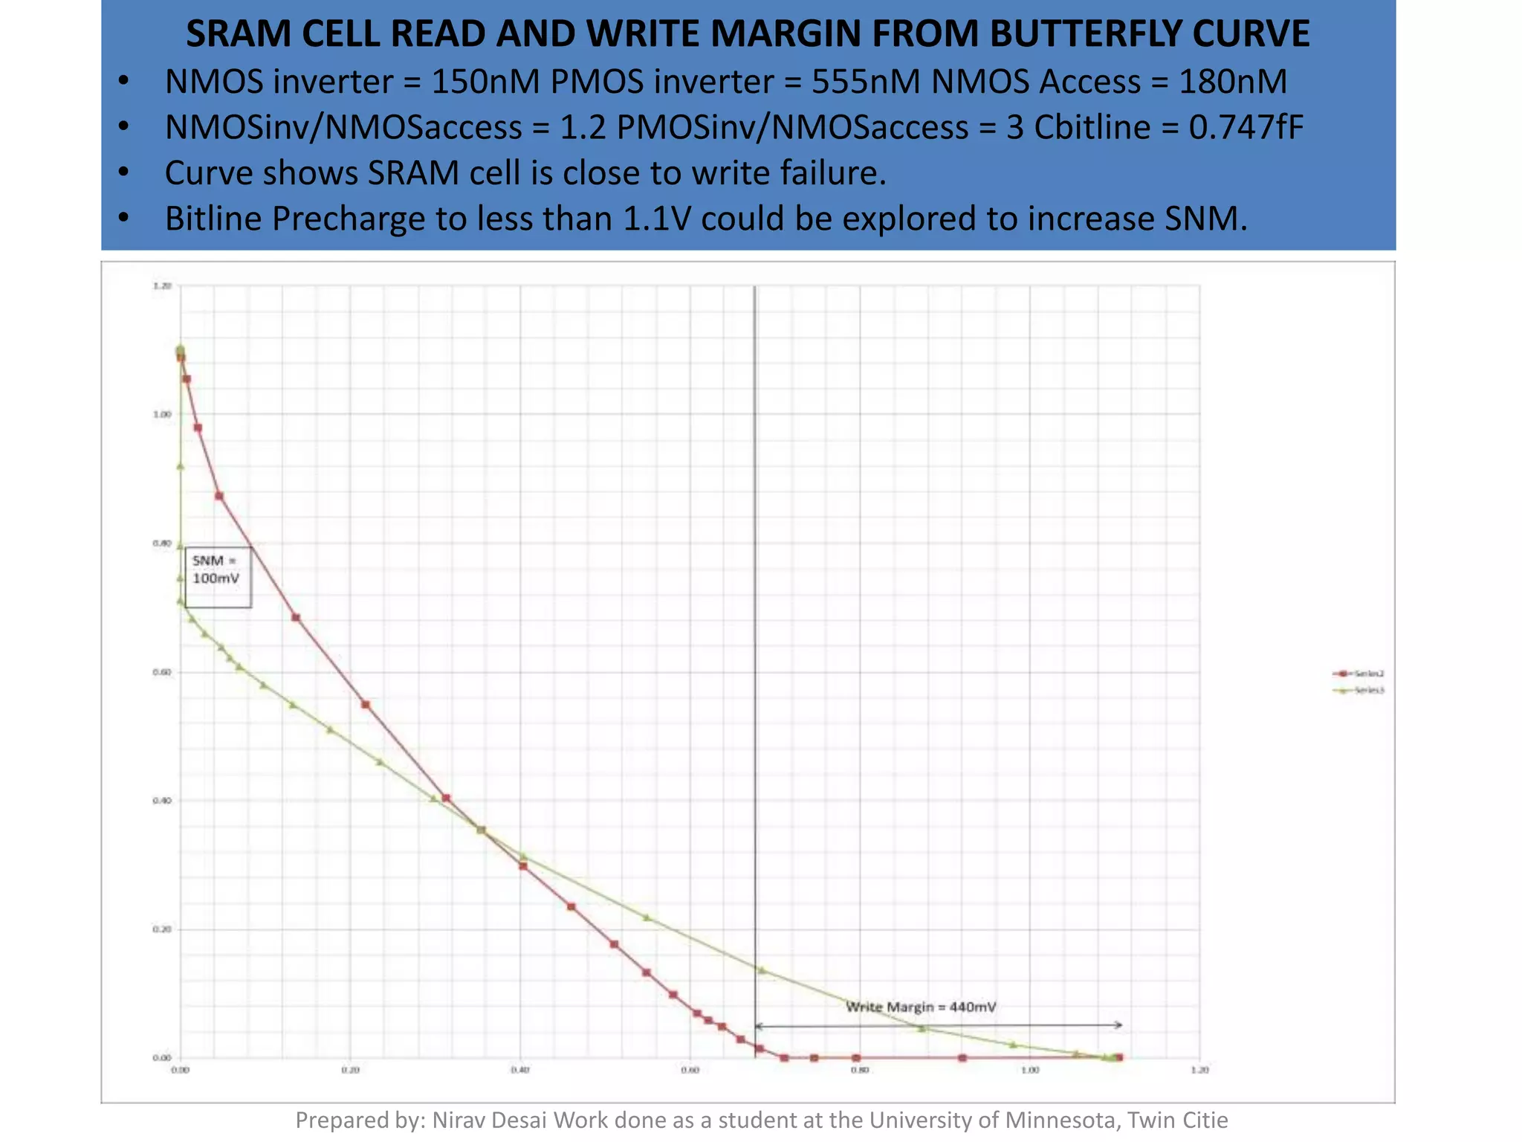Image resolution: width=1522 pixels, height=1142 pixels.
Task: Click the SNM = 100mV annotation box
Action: point(217,577)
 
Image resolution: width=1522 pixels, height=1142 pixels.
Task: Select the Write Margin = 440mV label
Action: point(921,1007)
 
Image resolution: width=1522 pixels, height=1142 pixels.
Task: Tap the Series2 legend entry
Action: point(1359,674)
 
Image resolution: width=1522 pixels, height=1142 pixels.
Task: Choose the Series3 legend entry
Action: point(1359,691)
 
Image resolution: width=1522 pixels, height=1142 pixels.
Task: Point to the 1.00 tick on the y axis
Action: point(162,415)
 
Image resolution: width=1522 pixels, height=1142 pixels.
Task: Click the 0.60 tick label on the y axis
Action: point(162,673)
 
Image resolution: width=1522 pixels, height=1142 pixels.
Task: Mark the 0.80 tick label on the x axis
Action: point(860,1071)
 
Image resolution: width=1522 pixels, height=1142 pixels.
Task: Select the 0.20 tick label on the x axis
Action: point(350,1071)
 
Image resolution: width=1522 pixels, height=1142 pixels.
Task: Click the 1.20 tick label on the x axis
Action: point(1199,1071)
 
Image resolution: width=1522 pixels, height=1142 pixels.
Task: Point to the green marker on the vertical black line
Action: point(761,970)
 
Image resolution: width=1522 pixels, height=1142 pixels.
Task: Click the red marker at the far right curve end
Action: point(1119,1057)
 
